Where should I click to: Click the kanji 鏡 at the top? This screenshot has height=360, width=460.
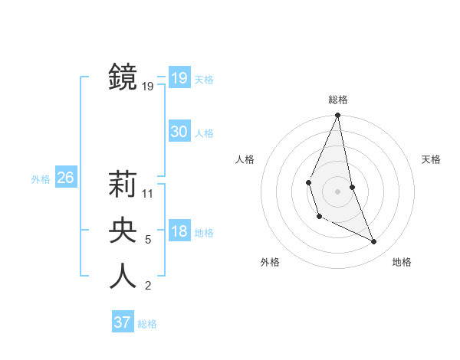tap(123, 77)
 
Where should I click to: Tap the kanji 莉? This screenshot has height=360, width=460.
tap(123, 185)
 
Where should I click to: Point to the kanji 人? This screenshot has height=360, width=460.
tap(123, 276)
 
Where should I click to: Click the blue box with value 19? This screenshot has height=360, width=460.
tap(179, 78)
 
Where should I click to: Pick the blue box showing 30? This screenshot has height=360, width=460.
tap(179, 132)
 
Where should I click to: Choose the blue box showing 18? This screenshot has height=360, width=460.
tap(179, 232)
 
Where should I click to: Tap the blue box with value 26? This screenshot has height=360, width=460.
tap(65, 178)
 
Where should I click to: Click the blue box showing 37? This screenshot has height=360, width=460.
tap(123, 322)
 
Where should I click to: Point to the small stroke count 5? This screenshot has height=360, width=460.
tap(148, 240)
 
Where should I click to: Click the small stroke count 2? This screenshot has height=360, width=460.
tap(148, 286)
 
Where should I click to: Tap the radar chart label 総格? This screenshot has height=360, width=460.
tap(337, 100)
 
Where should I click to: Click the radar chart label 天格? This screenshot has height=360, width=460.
tap(431, 159)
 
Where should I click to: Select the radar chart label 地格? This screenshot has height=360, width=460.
tap(402, 262)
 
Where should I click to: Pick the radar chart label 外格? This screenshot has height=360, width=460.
tap(270, 262)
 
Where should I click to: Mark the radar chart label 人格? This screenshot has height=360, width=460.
tap(245, 159)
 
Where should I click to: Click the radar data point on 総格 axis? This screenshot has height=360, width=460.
tap(337, 116)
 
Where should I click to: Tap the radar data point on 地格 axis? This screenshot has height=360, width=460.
tap(374, 242)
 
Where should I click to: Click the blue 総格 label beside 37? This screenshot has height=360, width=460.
tap(147, 324)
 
